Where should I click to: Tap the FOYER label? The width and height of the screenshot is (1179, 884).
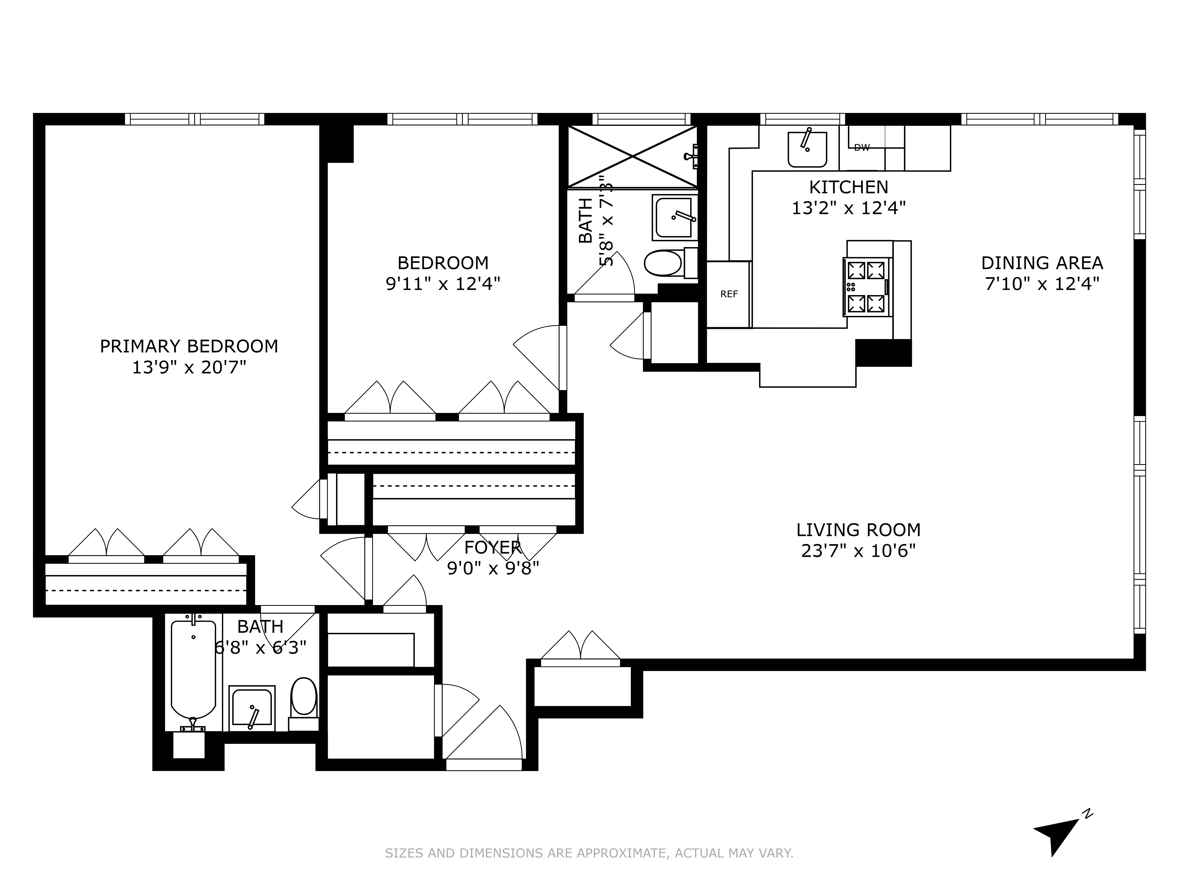coord(492,547)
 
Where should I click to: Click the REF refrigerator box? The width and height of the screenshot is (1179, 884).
coord(729,294)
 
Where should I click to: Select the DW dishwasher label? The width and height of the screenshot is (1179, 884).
coord(861,148)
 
